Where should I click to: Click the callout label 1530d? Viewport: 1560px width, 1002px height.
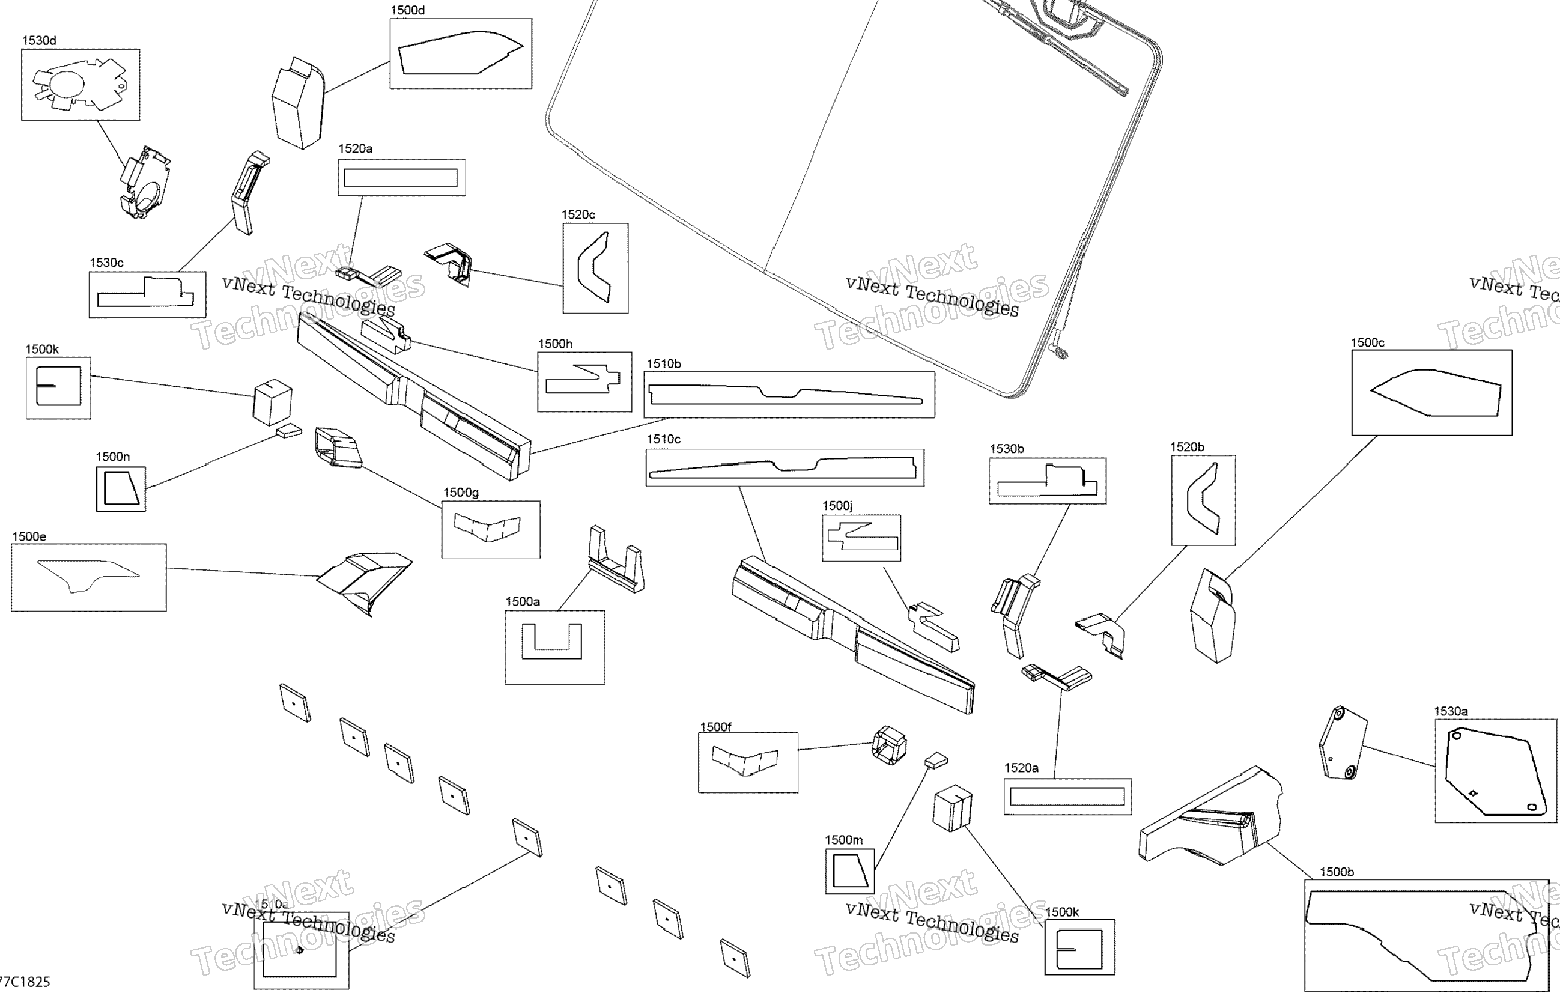pyautogui.click(x=39, y=40)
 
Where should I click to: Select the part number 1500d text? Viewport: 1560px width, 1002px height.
pyautogui.click(x=407, y=10)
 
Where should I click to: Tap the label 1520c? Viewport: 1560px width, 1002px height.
pyautogui.click(x=578, y=214)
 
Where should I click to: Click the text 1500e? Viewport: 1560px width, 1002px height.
pyautogui.click(x=29, y=537)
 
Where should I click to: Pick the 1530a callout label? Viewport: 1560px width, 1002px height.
pyautogui.click(x=1450, y=711)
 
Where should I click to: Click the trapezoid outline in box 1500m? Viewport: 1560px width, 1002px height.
pyautogui.click(x=850, y=871)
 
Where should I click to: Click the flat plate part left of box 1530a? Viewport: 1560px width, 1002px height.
pyautogui.click(x=1342, y=742)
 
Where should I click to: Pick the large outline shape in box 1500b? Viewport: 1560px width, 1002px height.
pyautogui.click(x=1418, y=931)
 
